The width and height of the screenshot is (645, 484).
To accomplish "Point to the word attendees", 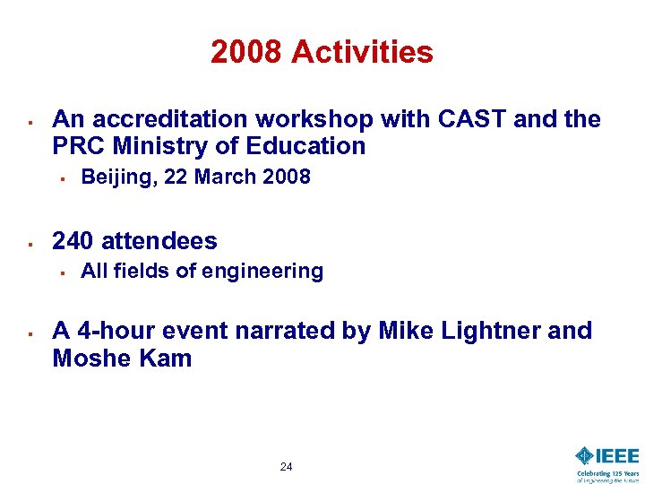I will pos(159,241).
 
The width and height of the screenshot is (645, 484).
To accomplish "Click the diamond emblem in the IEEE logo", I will pos(585,455).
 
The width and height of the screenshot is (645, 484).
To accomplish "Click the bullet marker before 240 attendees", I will pos(30,242).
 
